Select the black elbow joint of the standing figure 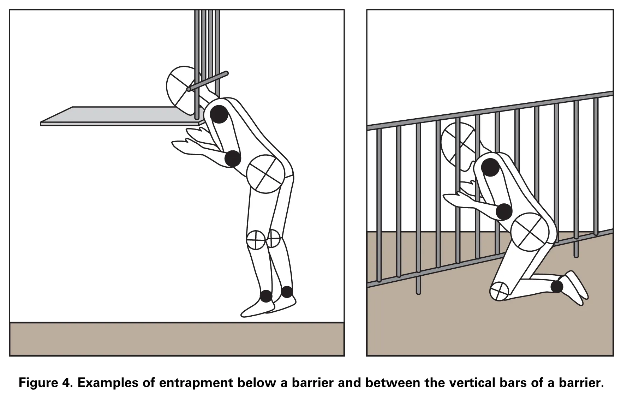233,158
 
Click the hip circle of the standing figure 265,174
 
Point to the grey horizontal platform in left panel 120,116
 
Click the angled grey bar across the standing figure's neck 208,82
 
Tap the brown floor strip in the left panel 177,339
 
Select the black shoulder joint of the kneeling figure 490,167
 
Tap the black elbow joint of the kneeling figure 504,212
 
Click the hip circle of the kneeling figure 530,232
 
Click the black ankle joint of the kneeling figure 557,286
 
